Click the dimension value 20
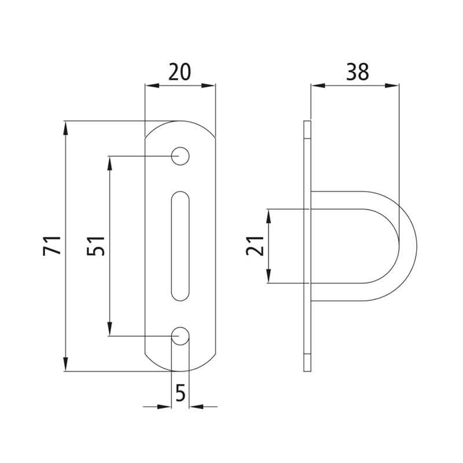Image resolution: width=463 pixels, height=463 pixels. click(180, 72)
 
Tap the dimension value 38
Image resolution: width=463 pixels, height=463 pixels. click(358, 72)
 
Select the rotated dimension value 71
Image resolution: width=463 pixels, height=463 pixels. click(52, 245)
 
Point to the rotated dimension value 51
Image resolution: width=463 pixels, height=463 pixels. click(95, 246)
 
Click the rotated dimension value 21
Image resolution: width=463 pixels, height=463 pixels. click(255, 246)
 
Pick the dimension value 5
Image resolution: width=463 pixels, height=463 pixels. click(181, 392)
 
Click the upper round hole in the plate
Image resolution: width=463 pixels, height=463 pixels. click(180, 156)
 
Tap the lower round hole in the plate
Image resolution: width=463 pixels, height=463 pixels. click(180, 336)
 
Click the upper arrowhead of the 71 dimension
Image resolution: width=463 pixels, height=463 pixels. click(65, 128)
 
